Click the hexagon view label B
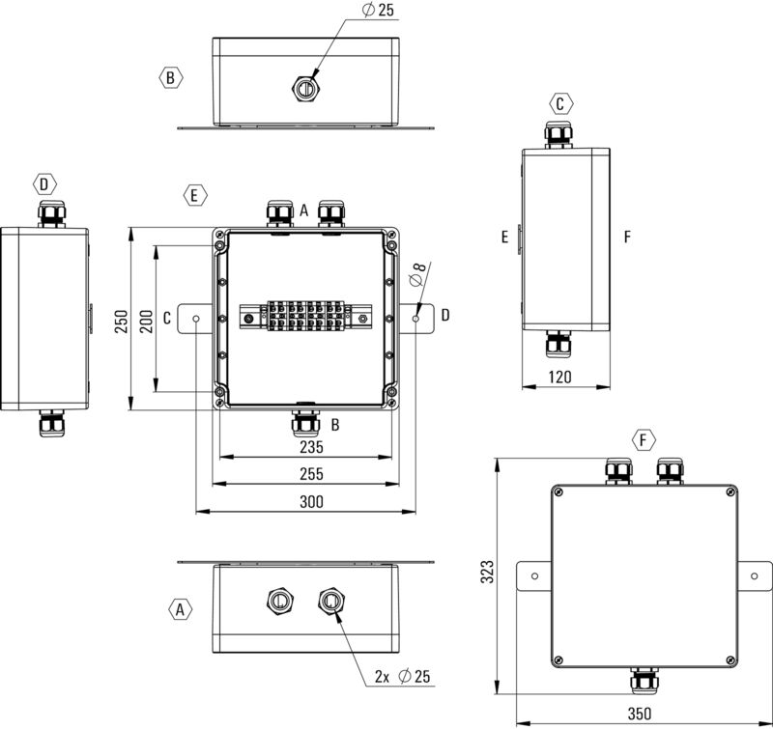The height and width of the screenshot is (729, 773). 170,77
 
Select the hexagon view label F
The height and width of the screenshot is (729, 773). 643,441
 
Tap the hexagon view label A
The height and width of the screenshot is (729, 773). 179,609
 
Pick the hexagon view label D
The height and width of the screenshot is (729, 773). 44,183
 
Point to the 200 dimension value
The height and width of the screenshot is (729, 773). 146,322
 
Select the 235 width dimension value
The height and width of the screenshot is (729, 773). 310,447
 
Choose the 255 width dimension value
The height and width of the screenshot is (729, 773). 310,474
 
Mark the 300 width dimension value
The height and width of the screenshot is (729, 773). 310,501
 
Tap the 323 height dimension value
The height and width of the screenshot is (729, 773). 488,572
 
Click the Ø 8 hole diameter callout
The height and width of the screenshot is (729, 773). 418,274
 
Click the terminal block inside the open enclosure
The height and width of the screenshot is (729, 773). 303,316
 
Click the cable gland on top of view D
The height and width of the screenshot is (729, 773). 49,212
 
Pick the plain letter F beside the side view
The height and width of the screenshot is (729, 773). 627,236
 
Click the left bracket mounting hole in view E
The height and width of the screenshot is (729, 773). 197,317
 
